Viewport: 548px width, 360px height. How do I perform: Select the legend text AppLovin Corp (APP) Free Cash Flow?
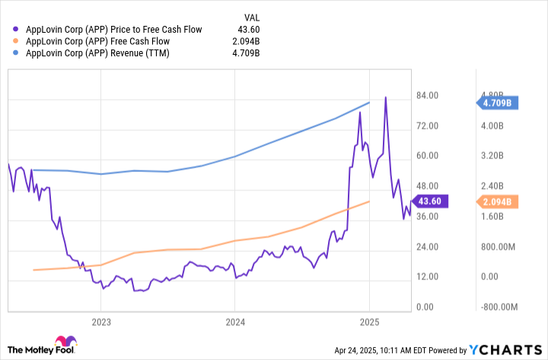pyautogui.click(x=97, y=42)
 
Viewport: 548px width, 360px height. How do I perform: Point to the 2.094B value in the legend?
pyautogui.click(x=244, y=42)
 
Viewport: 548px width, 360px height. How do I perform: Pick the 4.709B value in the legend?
pyautogui.click(x=244, y=54)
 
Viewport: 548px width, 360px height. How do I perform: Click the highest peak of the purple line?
pyautogui.click(x=386, y=97)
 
